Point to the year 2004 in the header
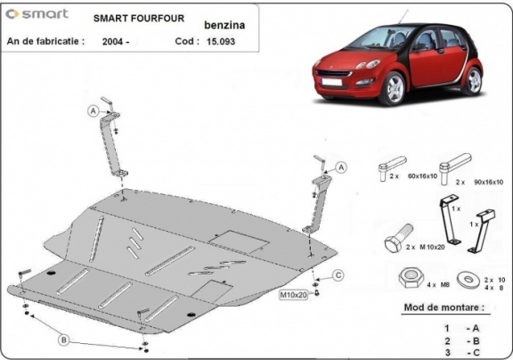[x=116, y=41]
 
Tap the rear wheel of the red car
[x=474, y=81]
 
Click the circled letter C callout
[x=338, y=274]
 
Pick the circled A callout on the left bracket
[x=92, y=110]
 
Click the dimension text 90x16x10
[x=487, y=182]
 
